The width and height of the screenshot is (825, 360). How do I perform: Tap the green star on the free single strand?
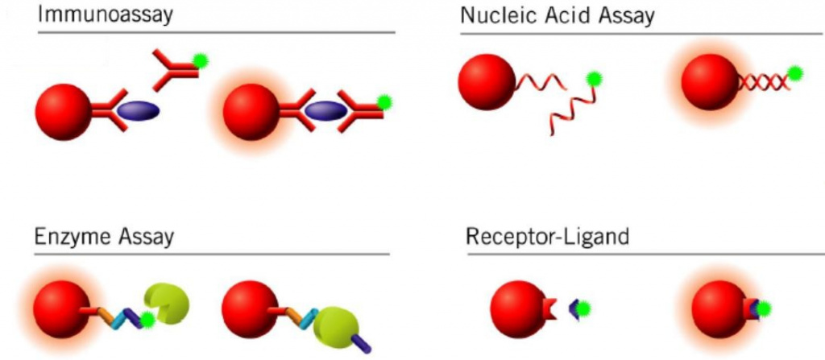click(x=595, y=79)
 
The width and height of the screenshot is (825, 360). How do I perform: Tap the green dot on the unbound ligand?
click(x=582, y=308)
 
